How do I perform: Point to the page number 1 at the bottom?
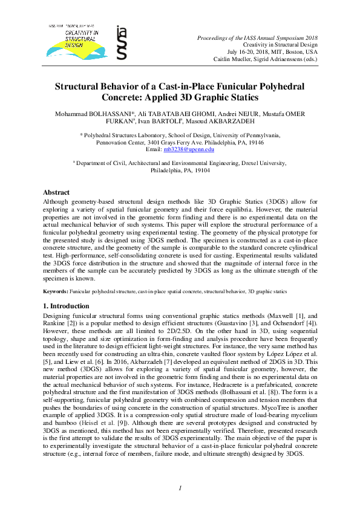pos(180,488)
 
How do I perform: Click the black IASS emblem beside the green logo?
pos(122,42)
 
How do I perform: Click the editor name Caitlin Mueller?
pos(234,59)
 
